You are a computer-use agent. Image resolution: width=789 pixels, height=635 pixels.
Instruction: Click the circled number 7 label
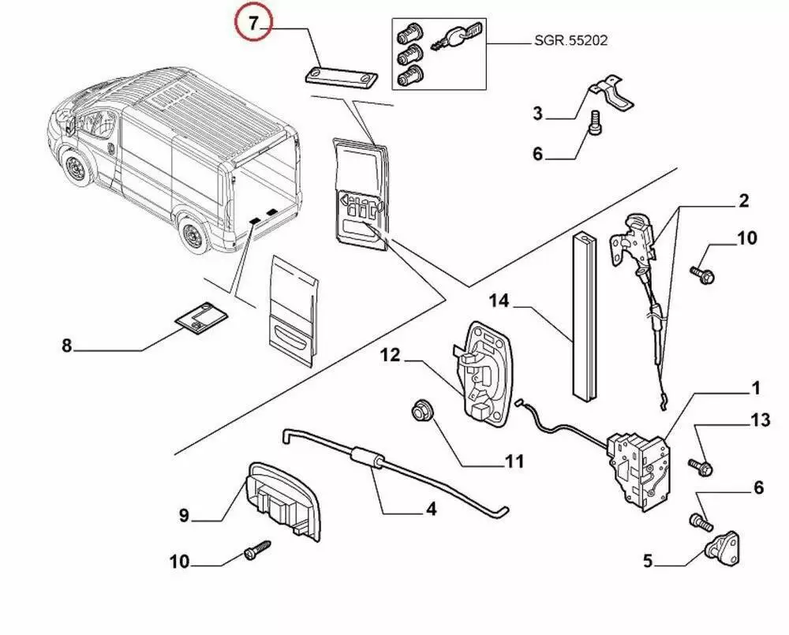tap(252, 24)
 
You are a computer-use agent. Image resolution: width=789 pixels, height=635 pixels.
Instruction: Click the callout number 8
tap(66, 346)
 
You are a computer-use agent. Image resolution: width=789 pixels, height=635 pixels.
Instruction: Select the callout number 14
tap(498, 301)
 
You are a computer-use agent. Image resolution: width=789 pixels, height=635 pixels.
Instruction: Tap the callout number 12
tap(392, 357)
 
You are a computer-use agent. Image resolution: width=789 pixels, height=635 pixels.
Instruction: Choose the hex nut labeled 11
tap(420, 410)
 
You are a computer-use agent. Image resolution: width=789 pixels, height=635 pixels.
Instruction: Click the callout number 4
tap(431, 510)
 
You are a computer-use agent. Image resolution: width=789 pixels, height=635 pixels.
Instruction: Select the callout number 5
tap(647, 562)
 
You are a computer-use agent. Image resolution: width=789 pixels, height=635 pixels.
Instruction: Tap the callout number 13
tap(760, 421)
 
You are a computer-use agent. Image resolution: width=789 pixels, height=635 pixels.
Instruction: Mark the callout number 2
tap(743, 201)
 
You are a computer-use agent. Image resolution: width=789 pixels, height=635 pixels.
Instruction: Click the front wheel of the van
tap(78, 172)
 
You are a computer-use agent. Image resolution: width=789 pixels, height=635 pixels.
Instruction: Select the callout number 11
tap(514, 461)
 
